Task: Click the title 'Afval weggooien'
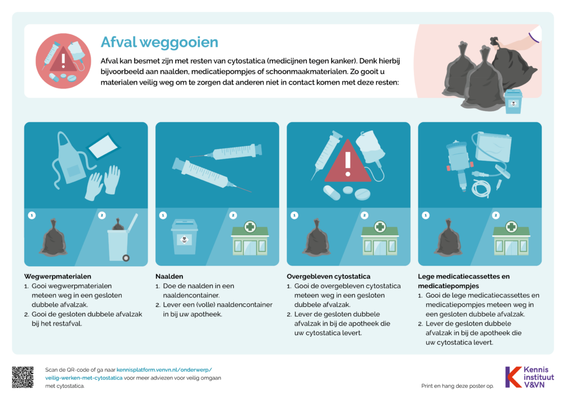[x=159, y=42]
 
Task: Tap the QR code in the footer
[x=23, y=377]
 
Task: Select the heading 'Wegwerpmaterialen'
[x=57, y=276]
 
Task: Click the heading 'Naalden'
[x=169, y=276]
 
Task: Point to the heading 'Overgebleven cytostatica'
[x=328, y=276]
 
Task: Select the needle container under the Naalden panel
[x=185, y=236]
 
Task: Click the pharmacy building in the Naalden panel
[x=250, y=238]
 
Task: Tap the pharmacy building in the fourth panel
[x=511, y=238]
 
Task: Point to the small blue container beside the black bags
[x=513, y=101]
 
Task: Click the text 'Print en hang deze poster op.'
[x=457, y=386]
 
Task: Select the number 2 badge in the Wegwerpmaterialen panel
[x=102, y=215]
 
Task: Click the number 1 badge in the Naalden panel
[x=163, y=215]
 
